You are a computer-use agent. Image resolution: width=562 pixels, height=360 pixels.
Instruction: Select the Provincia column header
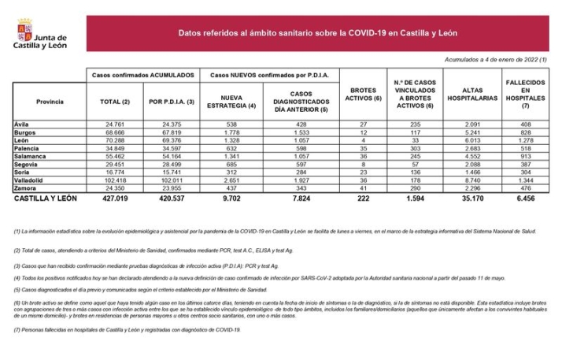tap(50, 102)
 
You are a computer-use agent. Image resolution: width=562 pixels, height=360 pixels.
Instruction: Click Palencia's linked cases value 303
tap(415, 149)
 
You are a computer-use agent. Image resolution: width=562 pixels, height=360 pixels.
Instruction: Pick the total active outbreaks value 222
tap(362, 201)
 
